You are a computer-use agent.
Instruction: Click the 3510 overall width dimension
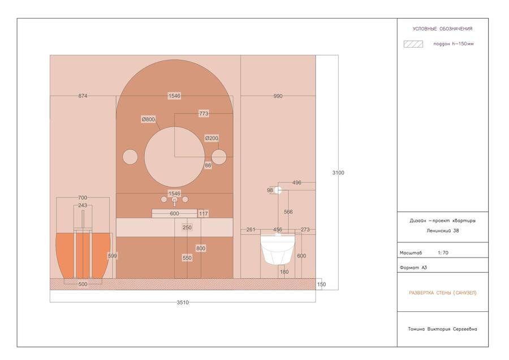point(183,302)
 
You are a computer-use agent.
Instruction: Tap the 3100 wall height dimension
point(338,173)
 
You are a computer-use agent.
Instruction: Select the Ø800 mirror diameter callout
point(148,119)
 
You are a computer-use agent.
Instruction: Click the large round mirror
point(175,157)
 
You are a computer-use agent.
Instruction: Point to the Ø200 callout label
point(212,138)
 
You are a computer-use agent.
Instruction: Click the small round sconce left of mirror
point(130,157)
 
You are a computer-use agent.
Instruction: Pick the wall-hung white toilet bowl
point(278,248)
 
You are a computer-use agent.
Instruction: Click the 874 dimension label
point(83,96)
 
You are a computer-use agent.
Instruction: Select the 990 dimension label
point(278,96)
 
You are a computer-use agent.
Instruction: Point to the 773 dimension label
point(204,113)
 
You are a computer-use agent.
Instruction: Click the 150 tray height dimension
point(321,284)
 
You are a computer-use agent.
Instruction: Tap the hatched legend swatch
point(413,44)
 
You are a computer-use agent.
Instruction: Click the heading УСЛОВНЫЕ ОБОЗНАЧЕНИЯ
point(442,29)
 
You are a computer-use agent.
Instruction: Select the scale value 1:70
point(443,252)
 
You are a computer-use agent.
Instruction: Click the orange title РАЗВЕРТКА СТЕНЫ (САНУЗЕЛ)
point(443,293)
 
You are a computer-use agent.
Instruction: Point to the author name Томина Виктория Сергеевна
point(442,329)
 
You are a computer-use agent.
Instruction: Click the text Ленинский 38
point(443,231)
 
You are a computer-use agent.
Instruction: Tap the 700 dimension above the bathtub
point(83,198)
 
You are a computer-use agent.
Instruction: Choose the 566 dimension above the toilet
point(288,212)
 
